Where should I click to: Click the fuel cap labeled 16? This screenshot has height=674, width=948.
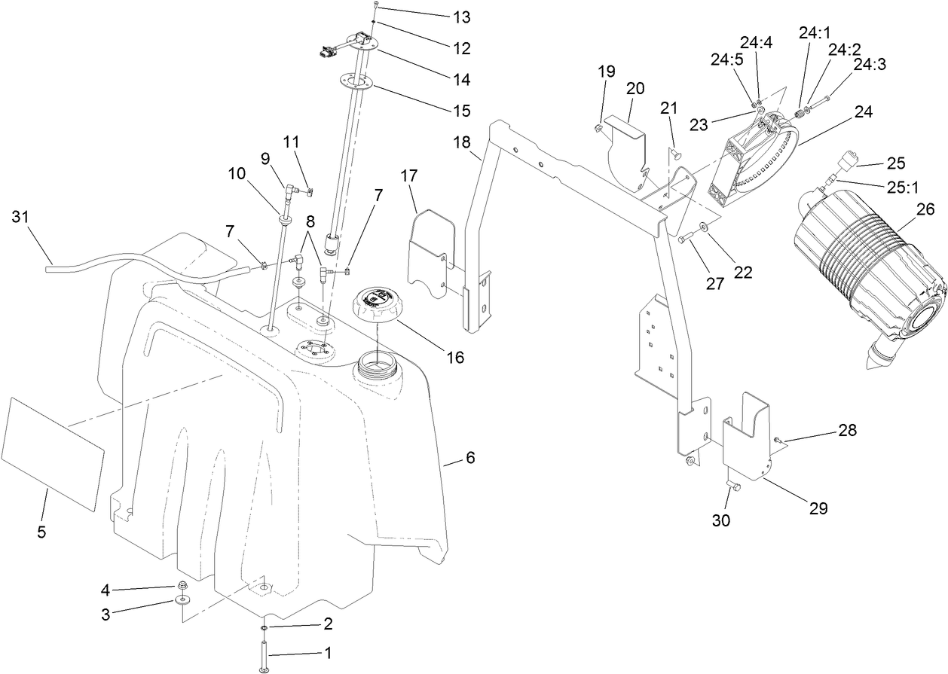click(x=369, y=306)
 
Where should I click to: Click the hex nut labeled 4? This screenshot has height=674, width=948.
click(x=182, y=586)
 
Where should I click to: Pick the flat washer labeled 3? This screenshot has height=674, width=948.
click(x=182, y=600)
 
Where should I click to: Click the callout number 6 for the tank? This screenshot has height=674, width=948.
click(x=470, y=457)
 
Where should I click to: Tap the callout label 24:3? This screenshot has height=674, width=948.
click(x=869, y=66)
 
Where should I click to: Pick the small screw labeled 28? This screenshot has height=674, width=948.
click(x=778, y=439)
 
